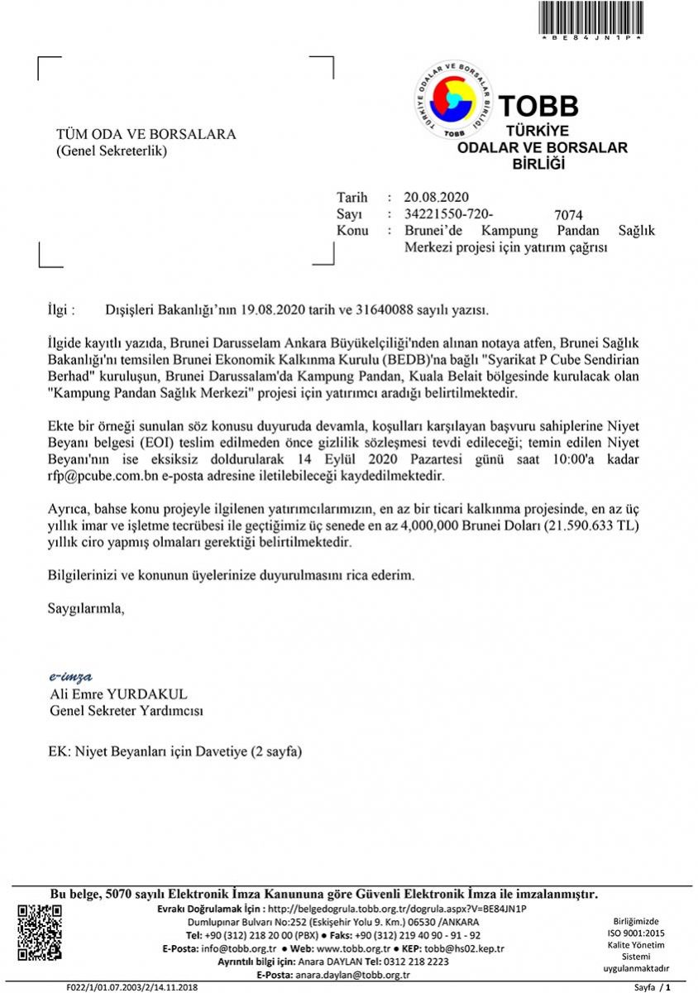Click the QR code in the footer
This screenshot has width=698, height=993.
[40, 933]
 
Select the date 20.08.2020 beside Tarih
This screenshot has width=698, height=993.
[437, 197]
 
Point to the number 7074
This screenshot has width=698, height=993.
[569, 215]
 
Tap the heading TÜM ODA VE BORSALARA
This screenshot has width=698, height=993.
[146, 134]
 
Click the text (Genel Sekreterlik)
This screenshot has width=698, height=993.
[111, 151]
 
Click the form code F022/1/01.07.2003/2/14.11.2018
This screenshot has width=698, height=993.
[132, 987]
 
